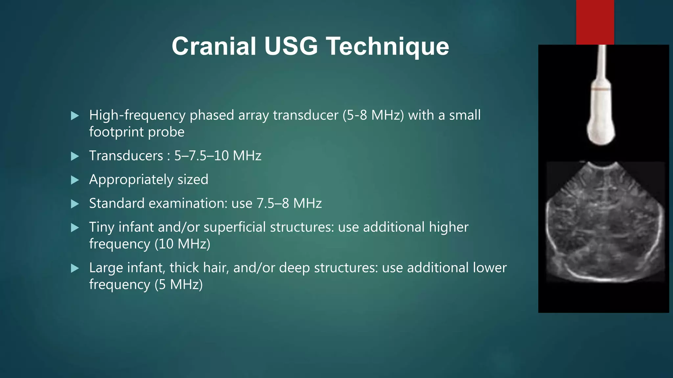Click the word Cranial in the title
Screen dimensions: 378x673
pyautogui.click(x=214, y=46)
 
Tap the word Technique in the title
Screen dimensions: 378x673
pyautogui.click(x=389, y=46)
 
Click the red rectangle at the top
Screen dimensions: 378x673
pyautogui.click(x=595, y=22)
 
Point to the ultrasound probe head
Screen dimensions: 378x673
pyautogui.click(x=601, y=131)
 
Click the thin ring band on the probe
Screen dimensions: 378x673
pyautogui.click(x=601, y=89)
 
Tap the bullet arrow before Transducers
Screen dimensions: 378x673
pyautogui.click(x=75, y=156)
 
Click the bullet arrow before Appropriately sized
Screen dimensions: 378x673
pyautogui.click(x=75, y=180)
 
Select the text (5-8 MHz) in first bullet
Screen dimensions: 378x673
pyautogui.click(x=373, y=115)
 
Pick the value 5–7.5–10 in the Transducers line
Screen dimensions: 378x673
pyautogui.click(x=201, y=156)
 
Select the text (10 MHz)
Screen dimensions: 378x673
pyautogui.click(x=182, y=244)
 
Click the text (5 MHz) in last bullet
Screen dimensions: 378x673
pyautogui.click(x=178, y=284)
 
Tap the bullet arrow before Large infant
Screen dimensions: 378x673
pyautogui.click(x=75, y=269)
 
